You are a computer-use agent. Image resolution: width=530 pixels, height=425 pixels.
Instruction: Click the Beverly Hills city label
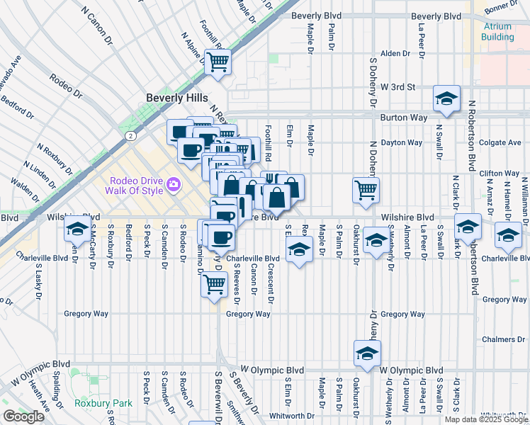pos(174,98)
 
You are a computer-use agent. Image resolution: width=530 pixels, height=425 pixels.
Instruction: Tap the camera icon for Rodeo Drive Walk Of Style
pos(174,185)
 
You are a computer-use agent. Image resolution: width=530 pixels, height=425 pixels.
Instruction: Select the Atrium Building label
pos(498,31)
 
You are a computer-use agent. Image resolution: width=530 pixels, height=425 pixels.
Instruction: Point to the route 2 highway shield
pos(130,135)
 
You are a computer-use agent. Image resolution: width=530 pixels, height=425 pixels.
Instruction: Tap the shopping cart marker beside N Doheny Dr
pos(366,189)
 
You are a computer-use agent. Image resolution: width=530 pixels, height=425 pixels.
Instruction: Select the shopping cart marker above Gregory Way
pos(214,284)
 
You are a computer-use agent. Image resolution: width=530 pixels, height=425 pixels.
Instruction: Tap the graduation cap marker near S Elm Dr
pos(300,249)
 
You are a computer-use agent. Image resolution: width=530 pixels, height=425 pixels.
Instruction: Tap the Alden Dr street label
pos(395,53)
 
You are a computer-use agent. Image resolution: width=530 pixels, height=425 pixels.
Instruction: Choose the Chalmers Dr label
pos(502,339)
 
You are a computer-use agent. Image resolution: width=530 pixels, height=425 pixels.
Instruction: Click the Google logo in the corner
pos(23,416)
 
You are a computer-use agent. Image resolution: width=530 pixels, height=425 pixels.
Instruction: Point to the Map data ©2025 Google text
pos(485,419)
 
